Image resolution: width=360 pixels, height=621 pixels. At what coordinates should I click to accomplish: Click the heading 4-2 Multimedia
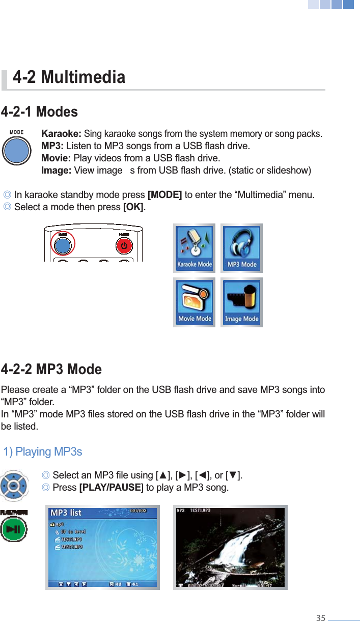coord(69,77)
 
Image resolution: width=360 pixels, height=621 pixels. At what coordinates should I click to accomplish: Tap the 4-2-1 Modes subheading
coord(40,111)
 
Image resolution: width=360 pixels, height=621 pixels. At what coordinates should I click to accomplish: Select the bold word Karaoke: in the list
coord(61,134)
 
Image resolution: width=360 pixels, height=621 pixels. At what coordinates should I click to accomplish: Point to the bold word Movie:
coord(56,158)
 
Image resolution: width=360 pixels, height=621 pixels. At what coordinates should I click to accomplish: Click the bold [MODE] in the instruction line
coord(164,194)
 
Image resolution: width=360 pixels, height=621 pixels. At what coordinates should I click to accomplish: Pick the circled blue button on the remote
coord(63,246)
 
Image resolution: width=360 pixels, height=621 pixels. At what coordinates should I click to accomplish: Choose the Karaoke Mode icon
coord(194,248)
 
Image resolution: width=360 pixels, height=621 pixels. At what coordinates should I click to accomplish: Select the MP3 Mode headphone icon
coord(241,248)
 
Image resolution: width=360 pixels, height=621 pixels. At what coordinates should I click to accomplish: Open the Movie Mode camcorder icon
coord(194,302)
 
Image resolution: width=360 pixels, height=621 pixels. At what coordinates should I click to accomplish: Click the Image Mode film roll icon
coord(241,302)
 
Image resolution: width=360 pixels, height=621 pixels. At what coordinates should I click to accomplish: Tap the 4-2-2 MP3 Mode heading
coord(51,369)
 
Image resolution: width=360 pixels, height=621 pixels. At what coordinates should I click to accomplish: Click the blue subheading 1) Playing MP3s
coord(42,452)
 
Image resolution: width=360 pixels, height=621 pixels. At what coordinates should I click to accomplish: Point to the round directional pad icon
coord(14,486)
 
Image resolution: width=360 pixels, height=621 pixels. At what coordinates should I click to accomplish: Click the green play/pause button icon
coord(14,529)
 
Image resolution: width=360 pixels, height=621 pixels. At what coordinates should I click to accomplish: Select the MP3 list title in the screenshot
coord(66,513)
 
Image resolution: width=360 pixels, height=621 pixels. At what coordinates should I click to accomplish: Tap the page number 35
coord(320,618)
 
